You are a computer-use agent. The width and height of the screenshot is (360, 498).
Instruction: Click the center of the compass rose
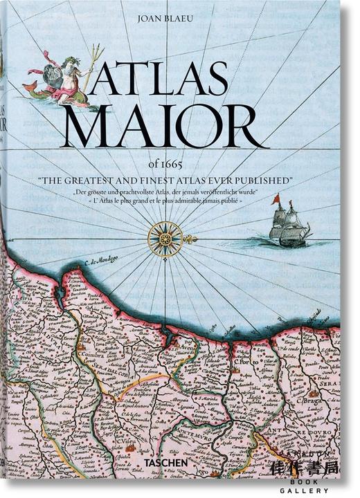(x=165, y=239)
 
